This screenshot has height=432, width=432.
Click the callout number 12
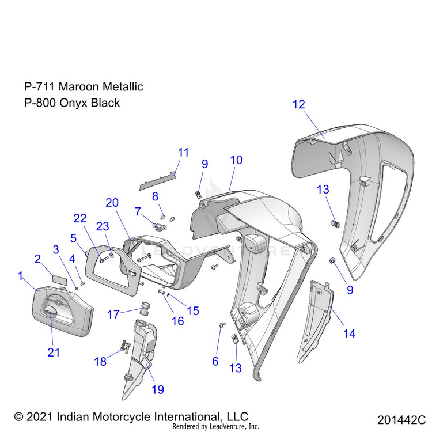coord(298,104)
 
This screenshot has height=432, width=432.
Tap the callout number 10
coord(236,160)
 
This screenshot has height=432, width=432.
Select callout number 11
coord(183,153)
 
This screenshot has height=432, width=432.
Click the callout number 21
coord(54,353)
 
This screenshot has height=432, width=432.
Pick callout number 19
coord(158,389)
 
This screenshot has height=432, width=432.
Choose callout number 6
coord(215,361)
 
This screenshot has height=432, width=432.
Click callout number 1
coord(21,276)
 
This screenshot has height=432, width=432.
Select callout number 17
coord(114,314)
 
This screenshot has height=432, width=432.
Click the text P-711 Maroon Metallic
coord(84,86)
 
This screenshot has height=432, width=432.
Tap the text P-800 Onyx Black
coord(72,103)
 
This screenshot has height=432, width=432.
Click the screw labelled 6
coord(221,326)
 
